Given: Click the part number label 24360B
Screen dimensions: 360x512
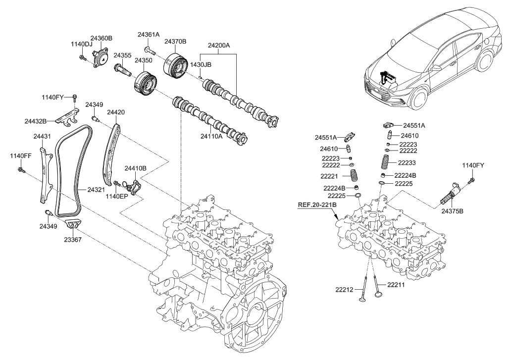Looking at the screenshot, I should tap(101, 38).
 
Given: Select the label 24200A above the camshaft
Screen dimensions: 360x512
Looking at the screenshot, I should tap(218, 45).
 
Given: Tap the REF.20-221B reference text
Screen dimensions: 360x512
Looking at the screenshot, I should tap(317, 204).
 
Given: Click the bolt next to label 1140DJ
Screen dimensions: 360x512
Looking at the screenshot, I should tap(82, 58).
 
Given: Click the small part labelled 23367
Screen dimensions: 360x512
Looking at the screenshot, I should tap(74, 226).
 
